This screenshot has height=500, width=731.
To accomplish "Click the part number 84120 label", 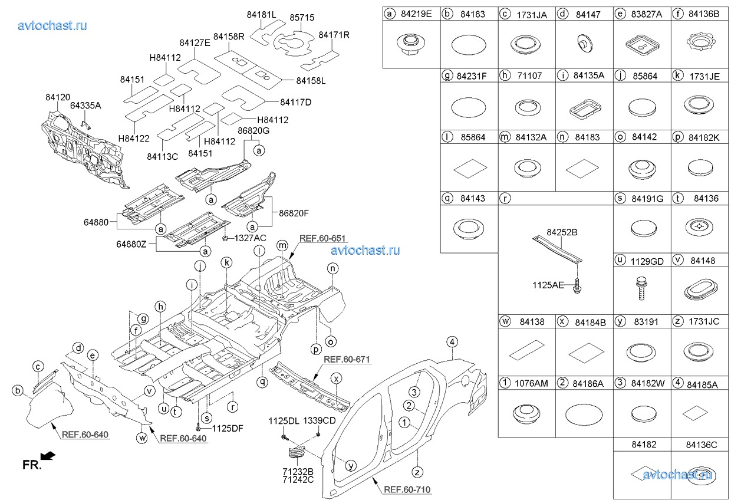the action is coord(58,97).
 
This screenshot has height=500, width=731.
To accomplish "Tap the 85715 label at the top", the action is coord(302,18).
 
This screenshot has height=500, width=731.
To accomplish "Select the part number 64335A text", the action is coord(85,106).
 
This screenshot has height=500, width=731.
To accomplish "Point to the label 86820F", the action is coord(294,213).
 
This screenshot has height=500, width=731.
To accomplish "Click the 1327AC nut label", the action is coord(251,238).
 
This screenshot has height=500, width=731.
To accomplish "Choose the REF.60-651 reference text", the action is coord(322,239).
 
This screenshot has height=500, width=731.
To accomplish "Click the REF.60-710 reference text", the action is coord(407,489).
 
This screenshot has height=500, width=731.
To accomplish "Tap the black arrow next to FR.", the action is coord(48,456).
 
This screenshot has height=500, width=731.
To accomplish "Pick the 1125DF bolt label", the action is coord(228,429).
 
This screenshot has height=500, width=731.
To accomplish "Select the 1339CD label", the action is coord(320,420).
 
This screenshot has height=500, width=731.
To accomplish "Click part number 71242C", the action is coord(298,480).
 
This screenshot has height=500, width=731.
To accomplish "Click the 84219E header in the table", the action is coord(416,14).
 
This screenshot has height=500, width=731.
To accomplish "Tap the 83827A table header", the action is coord(647,14).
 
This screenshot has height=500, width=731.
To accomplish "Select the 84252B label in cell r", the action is coord(562,232).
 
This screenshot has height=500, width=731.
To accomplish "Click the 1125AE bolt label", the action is coord(548,285).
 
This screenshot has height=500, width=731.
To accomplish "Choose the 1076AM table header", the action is coord(531,383).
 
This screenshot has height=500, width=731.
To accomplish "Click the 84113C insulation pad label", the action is coord(163,157).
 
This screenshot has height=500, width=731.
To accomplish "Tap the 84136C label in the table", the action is coord(702,445).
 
